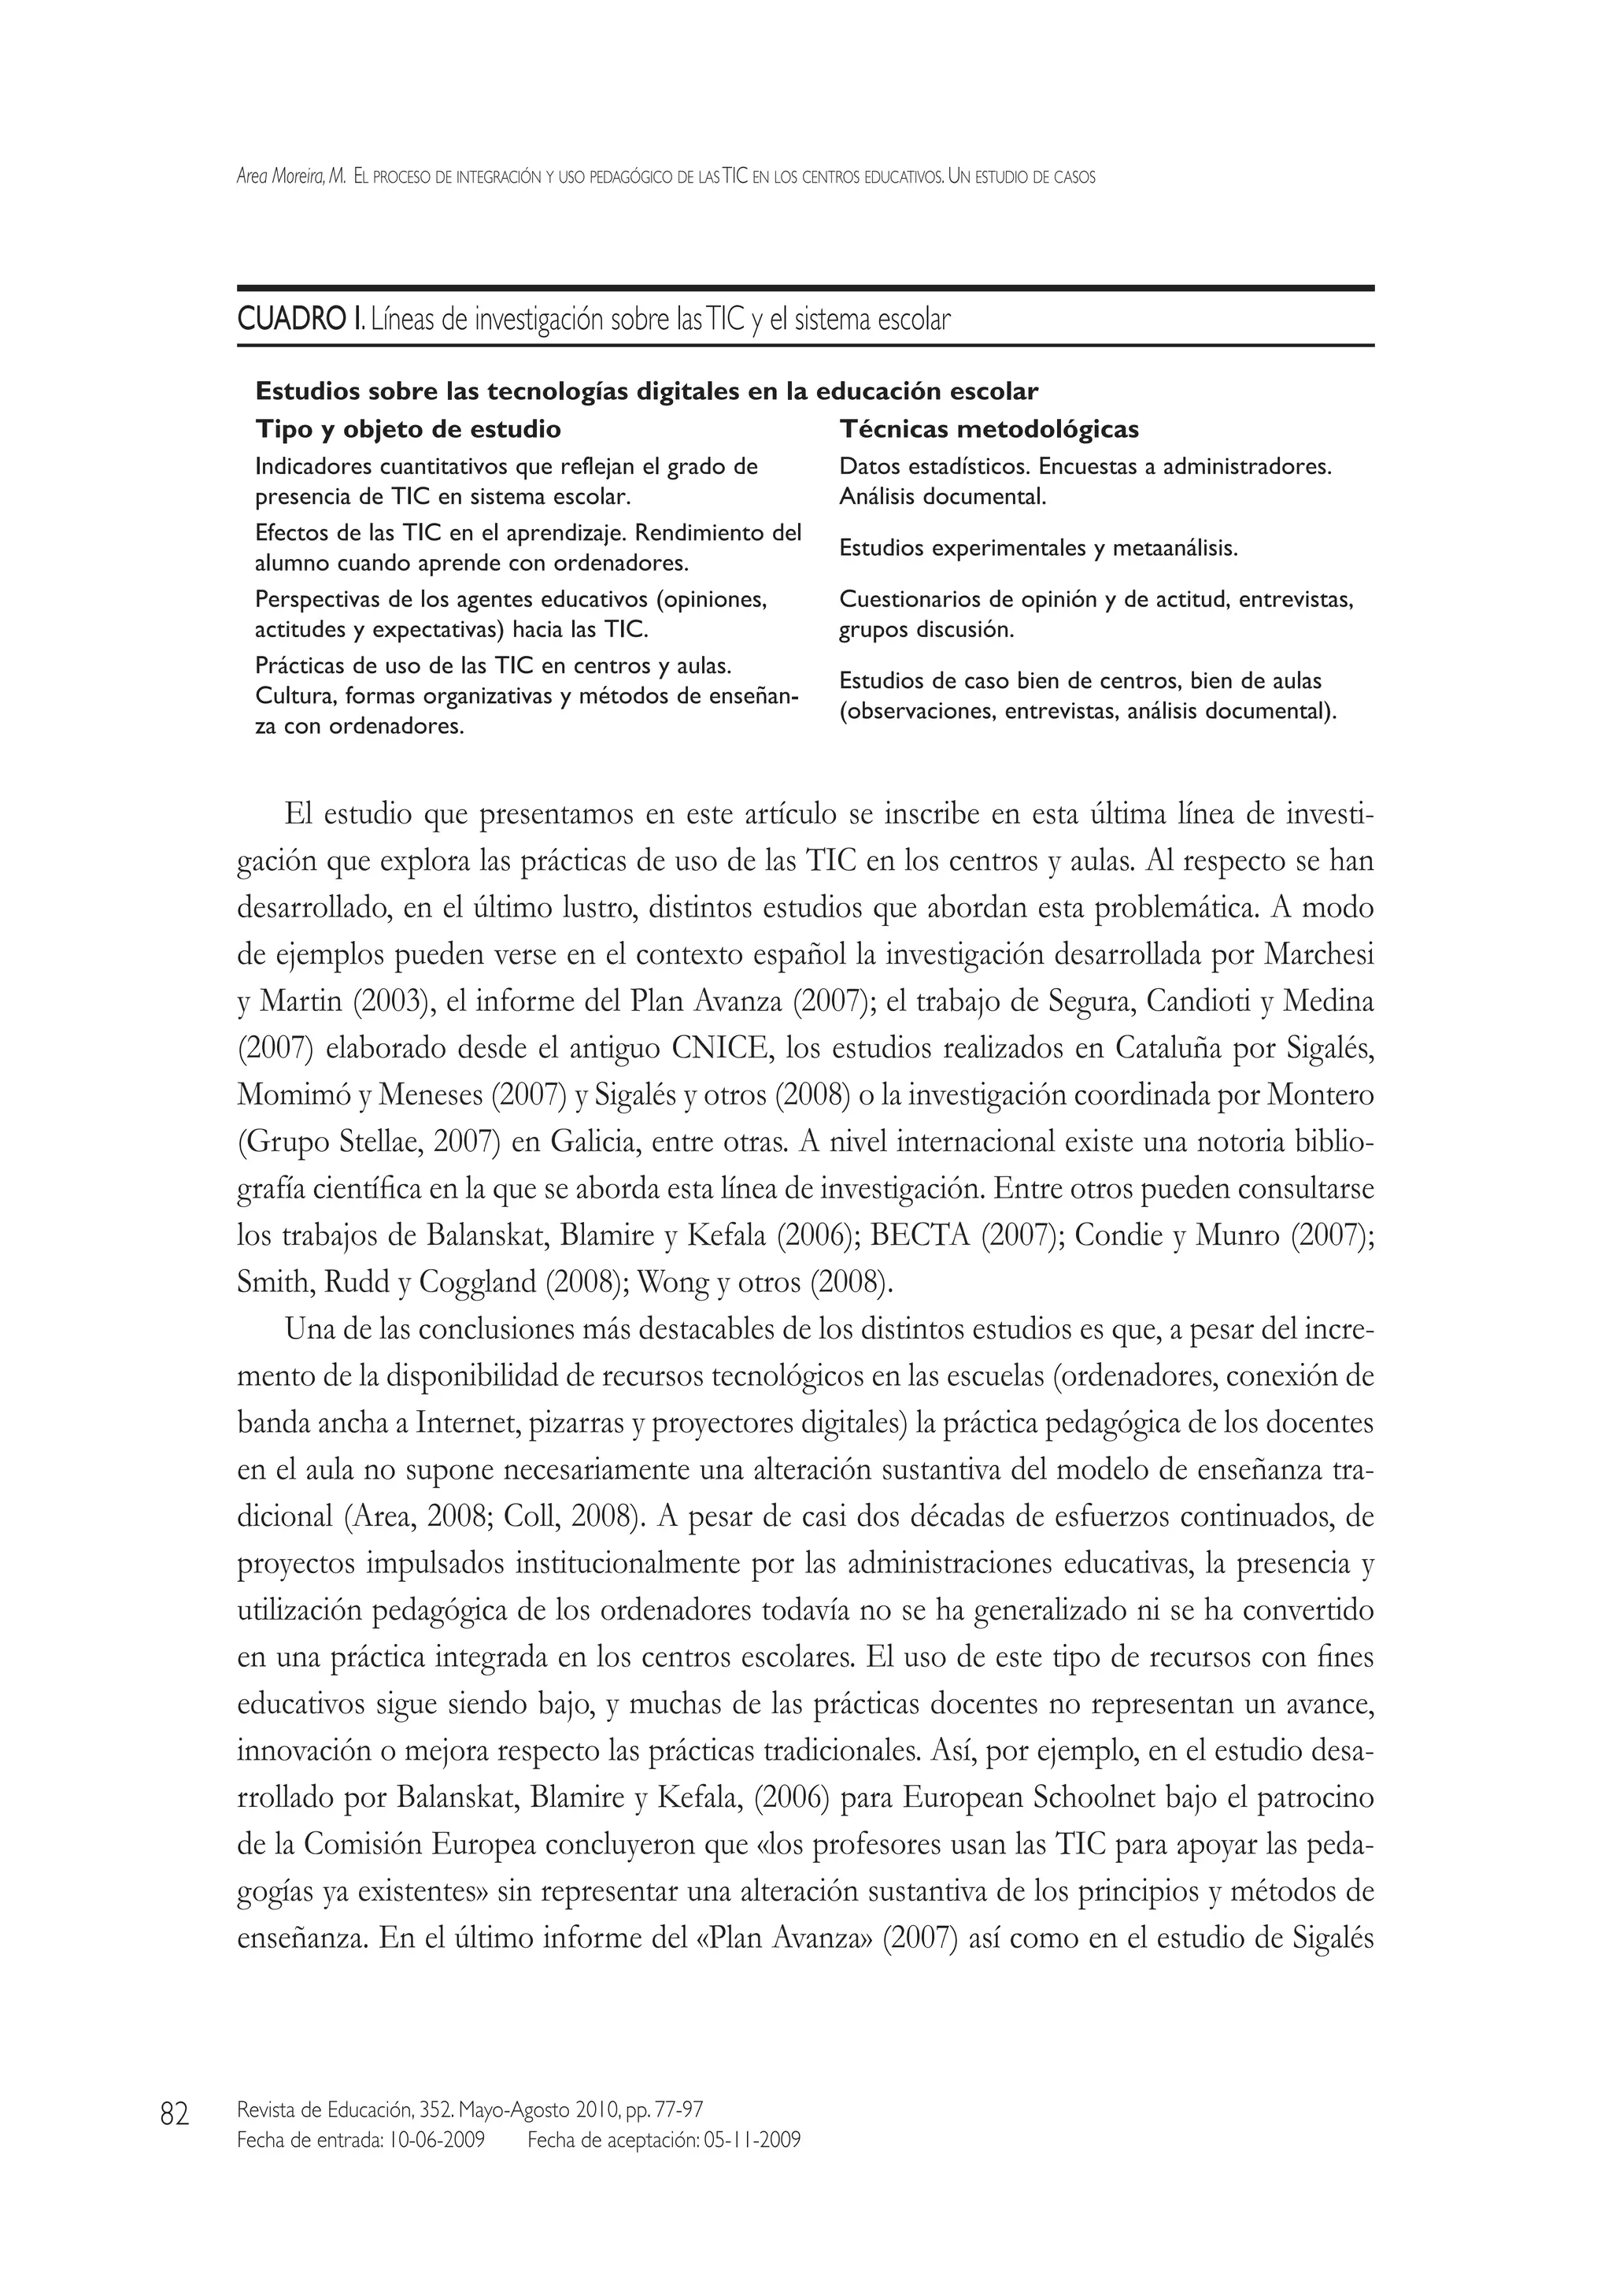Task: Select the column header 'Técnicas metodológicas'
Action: point(989,429)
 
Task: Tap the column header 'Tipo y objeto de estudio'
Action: point(408,429)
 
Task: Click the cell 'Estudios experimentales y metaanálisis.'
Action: point(1038,548)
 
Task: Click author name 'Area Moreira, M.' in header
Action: point(290,178)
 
